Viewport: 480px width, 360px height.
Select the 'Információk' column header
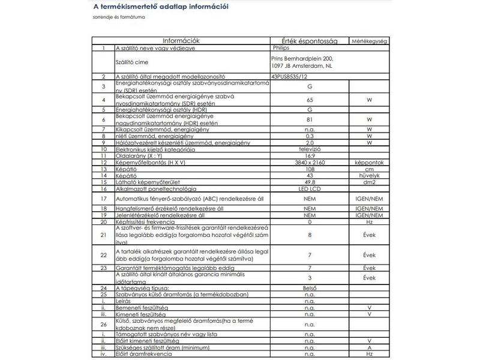[181, 41]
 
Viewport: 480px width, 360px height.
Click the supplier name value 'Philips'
[281, 47]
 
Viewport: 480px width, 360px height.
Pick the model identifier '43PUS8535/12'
[289, 77]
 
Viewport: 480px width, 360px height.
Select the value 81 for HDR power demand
[310, 119]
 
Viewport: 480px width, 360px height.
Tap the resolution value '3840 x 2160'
[310, 163]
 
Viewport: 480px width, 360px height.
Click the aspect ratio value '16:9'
[310, 156]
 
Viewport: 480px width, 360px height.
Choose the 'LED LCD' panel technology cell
[310, 188]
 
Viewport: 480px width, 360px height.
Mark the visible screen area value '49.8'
[310, 182]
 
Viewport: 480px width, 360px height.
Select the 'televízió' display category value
[310, 149]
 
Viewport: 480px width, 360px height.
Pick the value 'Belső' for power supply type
[310, 288]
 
